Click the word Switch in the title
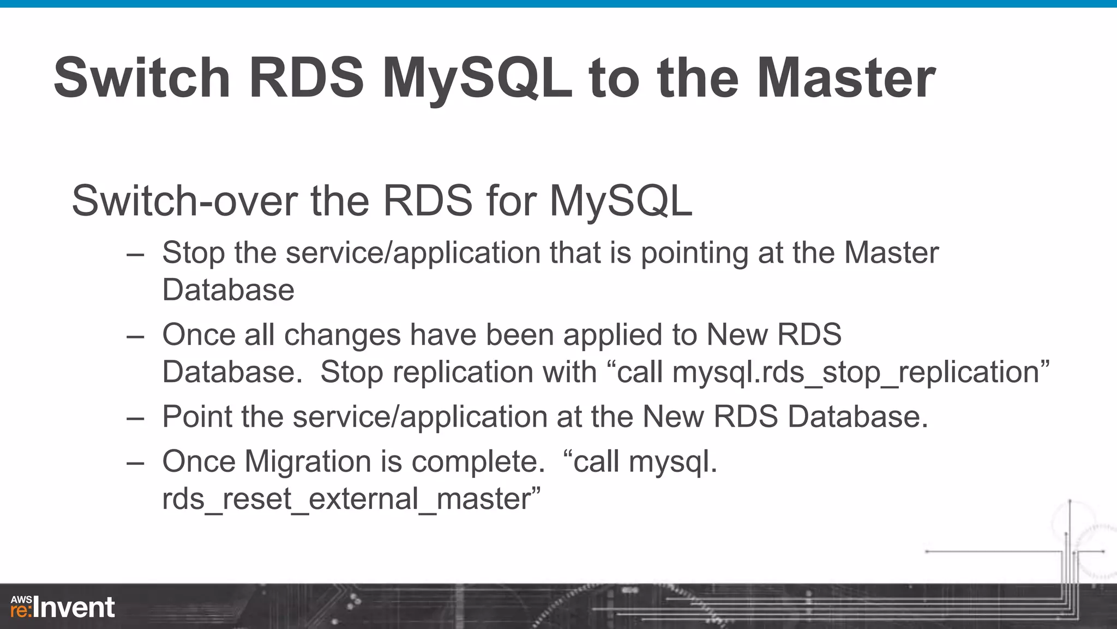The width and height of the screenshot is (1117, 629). [x=142, y=78]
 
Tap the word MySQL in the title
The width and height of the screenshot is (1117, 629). [x=477, y=78]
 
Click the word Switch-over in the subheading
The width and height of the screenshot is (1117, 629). [x=184, y=201]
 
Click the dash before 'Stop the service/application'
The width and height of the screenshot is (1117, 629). [x=135, y=254]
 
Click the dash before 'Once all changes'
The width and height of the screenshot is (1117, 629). [x=135, y=336]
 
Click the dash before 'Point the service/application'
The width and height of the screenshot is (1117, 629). [x=135, y=418]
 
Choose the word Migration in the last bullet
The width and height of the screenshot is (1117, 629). [x=308, y=462]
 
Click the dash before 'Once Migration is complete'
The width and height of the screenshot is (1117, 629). [x=135, y=463]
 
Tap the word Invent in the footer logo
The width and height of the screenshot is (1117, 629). [x=74, y=608]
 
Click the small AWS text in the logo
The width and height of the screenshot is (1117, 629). [x=21, y=600]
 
